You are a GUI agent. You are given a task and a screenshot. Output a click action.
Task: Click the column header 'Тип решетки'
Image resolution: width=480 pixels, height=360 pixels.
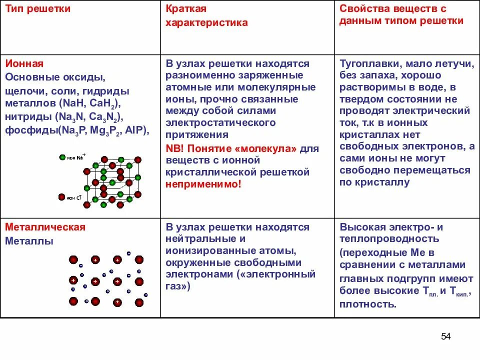[37, 8]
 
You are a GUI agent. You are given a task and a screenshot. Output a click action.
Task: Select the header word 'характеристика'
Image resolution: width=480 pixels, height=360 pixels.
[206, 22]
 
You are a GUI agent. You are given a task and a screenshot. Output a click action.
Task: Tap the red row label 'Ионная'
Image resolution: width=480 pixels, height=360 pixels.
[24, 63]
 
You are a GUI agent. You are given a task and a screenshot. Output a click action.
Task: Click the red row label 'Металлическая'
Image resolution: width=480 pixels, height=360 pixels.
[45, 227]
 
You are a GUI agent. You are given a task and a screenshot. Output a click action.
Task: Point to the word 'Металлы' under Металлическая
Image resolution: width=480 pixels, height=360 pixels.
[29, 241]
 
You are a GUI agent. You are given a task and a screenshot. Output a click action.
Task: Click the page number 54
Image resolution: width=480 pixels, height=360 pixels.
[446, 336]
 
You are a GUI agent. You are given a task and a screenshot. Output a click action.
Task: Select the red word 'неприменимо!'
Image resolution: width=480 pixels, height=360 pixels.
[203, 184]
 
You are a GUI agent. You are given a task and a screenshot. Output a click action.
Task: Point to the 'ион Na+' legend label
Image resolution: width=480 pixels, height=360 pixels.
[75, 157]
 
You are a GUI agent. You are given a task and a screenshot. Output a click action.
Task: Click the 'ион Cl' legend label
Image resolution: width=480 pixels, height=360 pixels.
[73, 197]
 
